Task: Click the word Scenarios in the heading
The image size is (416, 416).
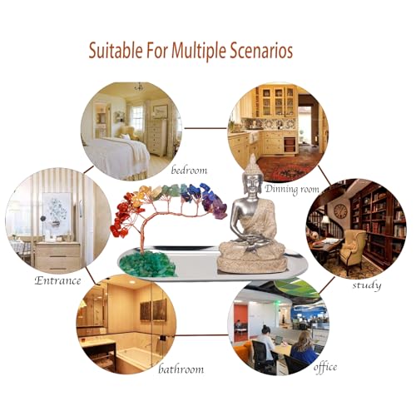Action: [x=261, y=51]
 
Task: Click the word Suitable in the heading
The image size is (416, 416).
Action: [x=116, y=50]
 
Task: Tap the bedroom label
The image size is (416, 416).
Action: [x=189, y=170]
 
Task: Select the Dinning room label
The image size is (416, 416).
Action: [x=292, y=189]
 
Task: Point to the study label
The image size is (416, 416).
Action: [x=367, y=285]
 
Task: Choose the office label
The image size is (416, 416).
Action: [x=325, y=367]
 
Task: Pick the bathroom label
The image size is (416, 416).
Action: [x=181, y=369]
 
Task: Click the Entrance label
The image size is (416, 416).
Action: [x=57, y=280]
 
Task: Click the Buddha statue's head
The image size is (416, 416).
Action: [x=252, y=177]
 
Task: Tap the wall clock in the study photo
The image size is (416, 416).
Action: [x=340, y=211]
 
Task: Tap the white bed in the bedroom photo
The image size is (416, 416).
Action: [x=118, y=156]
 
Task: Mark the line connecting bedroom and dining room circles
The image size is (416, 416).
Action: [x=206, y=128]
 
